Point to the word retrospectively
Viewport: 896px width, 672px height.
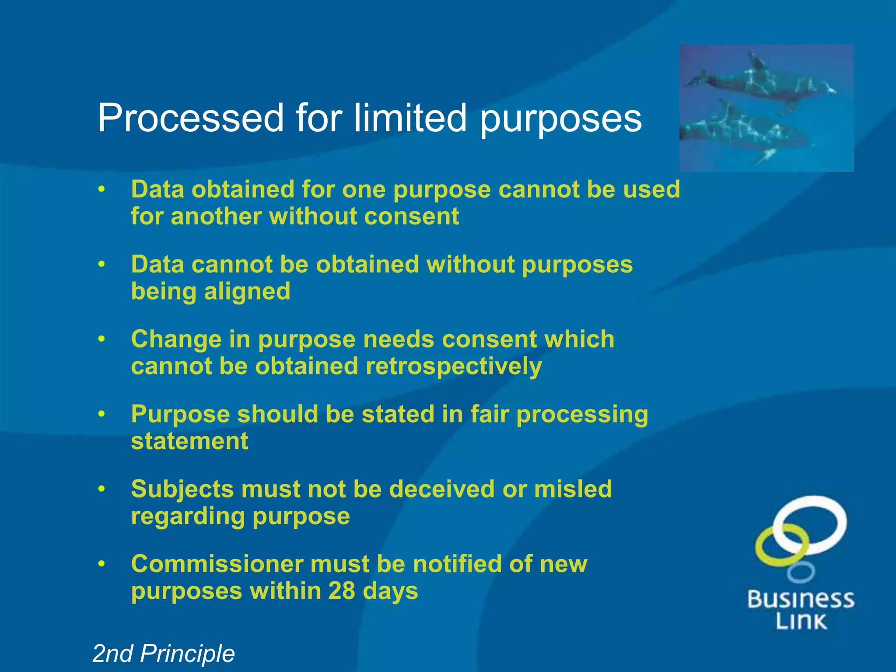coord(454,366)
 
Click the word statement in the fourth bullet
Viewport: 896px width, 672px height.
coord(189,441)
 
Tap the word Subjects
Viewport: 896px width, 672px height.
coord(182,489)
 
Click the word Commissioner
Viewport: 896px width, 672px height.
coord(217,563)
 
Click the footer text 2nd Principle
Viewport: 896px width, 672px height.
coord(164,654)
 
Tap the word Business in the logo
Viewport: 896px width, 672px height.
coord(801,599)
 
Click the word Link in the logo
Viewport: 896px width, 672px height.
coord(801,621)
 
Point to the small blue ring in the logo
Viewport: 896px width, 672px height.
coord(801,572)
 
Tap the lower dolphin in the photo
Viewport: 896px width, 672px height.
coord(744,129)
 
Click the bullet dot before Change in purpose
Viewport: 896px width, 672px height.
coord(101,339)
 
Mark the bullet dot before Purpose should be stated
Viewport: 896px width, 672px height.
coord(101,414)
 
